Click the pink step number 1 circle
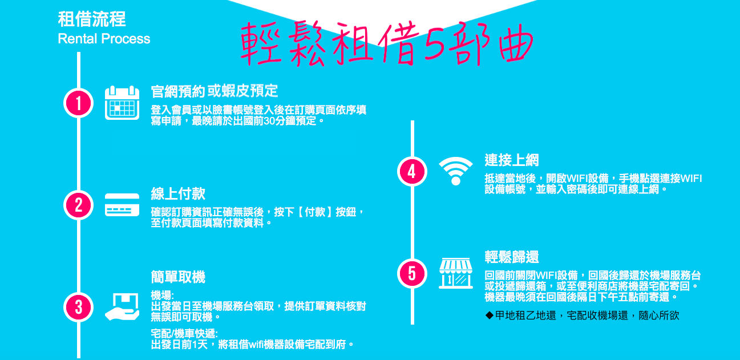tap(79, 103)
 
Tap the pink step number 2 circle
tap(79, 205)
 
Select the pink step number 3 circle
tap(79, 307)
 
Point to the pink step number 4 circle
tap(413, 171)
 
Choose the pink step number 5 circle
tap(413, 273)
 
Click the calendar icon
tap(122, 103)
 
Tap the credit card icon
tap(122, 205)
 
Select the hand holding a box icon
tap(122, 307)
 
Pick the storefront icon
tap(455, 273)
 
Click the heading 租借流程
tap(92, 19)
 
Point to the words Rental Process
tap(104, 39)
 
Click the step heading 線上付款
tap(178, 193)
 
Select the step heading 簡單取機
tap(178, 277)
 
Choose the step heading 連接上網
tap(512, 160)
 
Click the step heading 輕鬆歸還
tap(512, 257)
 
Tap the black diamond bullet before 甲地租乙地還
tap(490, 315)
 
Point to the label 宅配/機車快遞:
tap(184, 334)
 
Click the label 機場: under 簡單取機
tap(162, 295)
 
